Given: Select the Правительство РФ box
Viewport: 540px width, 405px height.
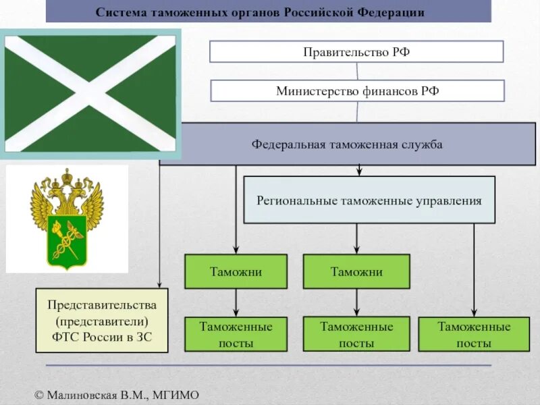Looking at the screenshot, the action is pos(356,52).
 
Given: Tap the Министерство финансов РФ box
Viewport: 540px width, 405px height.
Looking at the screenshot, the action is pos(357,91).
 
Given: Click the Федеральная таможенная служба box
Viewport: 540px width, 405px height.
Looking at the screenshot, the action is pos(347,144).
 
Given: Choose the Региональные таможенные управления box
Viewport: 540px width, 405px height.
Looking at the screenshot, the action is pos(369,200).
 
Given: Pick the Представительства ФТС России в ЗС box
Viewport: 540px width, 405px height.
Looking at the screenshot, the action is pos(101,321).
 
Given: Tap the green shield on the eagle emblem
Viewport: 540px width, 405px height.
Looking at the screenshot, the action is pos(67,240).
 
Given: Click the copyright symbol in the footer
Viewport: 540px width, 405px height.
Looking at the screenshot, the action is pos(39,395).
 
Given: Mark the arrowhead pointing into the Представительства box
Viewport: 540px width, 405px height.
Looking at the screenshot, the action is pos(159,283).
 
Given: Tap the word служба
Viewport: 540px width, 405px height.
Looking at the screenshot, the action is pos(423,144).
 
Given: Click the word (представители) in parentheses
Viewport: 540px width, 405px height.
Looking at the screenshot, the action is pos(102,321).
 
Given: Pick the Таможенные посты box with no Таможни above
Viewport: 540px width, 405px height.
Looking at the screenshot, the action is pos(474,335).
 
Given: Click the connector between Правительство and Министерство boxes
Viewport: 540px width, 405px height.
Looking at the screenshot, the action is pos(357,72).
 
